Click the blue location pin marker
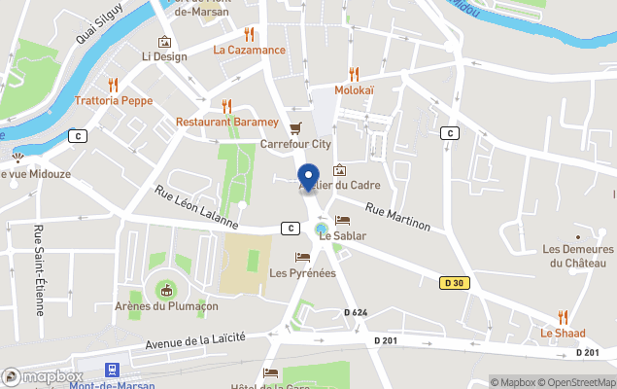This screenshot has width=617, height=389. pos(309,178)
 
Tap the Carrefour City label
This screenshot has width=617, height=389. pos(295,144)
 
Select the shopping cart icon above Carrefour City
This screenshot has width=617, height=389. pos(295,127)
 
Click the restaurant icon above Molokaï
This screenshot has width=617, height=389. pos(354,73)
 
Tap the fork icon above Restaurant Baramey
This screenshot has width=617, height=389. pos(226,106)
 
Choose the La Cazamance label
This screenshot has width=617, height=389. pos(249,50)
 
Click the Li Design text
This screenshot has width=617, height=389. pos(164,56)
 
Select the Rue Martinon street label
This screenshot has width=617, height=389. pos(397,217)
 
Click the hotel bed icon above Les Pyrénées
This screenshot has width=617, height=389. pos(302,258)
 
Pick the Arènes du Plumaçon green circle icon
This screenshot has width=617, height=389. pos(166,290)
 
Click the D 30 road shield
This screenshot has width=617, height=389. pos(452,283)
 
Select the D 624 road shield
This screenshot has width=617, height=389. pos(356,312)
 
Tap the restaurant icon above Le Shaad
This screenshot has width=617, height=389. pos(563,316)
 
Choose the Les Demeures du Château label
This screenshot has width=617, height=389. pos(578,256)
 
